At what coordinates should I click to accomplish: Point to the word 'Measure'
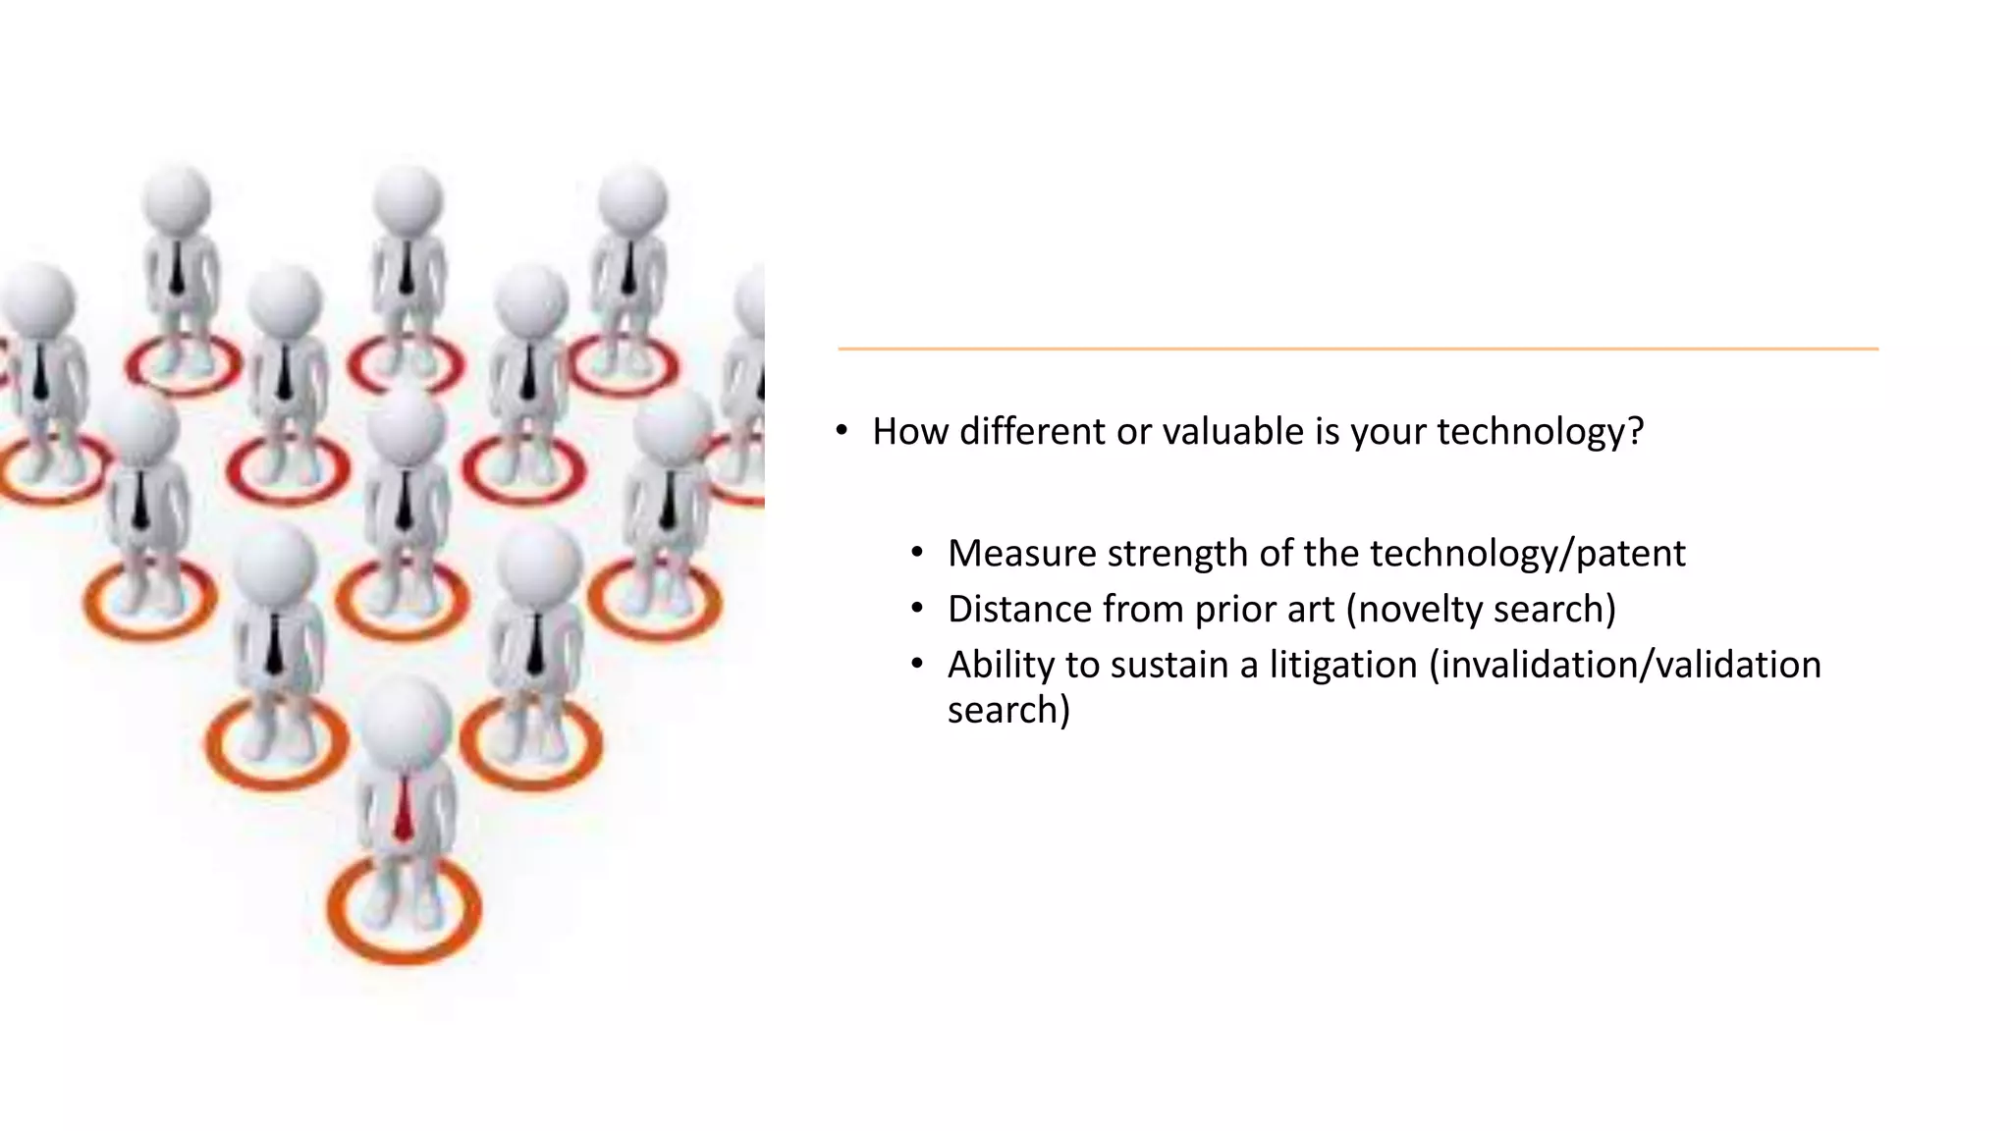(x=1021, y=554)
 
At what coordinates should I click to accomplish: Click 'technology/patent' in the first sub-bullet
(x=1527, y=554)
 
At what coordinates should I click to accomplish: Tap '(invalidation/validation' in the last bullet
(x=1625, y=665)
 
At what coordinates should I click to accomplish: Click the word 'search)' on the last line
(x=1008, y=710)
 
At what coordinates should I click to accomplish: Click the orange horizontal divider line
(x=1357, y=349)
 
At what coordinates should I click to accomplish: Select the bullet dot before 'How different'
(x=842, y=431)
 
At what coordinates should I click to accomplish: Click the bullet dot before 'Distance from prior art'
(x=917, y=610)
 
